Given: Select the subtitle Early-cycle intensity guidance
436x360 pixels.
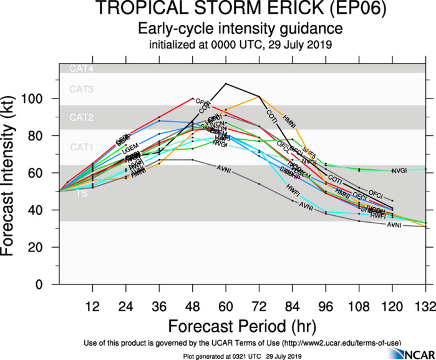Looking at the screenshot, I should click(x=240, y=29).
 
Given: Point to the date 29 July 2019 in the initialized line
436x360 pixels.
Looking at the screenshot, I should click(x=303, y=46).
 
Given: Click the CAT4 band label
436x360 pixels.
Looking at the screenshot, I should click(x=81, y=69).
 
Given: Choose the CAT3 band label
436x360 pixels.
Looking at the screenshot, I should click(x=81, y=90).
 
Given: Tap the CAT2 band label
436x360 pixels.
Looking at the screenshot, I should click(x=81, y=117).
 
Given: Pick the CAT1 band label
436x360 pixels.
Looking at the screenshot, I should click(x=81, y=147).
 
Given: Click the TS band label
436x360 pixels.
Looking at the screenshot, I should click(x=82, y=194).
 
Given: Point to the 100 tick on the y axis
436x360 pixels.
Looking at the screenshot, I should click(x=39, y=99).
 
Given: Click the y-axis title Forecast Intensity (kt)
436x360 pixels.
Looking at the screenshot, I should click(x=13, y=174).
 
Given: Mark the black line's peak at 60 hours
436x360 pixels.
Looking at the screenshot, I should click(x=225, y=83).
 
